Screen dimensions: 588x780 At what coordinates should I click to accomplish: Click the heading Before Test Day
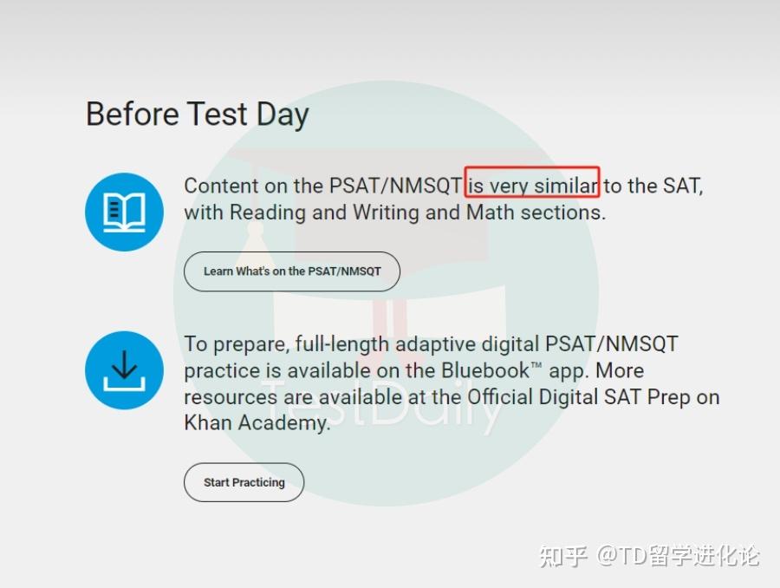[197, 114]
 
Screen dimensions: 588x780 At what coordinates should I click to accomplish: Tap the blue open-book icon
[124, 212]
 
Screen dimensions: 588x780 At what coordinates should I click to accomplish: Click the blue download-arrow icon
[124, 370]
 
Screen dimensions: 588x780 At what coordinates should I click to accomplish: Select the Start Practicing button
[244, 482]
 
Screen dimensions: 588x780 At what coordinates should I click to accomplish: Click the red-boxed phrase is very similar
[532, 186]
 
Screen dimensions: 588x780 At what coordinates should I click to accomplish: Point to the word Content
[221, 186]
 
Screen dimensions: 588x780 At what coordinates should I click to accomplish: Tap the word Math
[491, 212]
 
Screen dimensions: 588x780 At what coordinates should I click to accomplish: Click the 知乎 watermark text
[563, 555]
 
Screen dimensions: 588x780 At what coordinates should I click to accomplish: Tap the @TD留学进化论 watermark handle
[679, 555]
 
